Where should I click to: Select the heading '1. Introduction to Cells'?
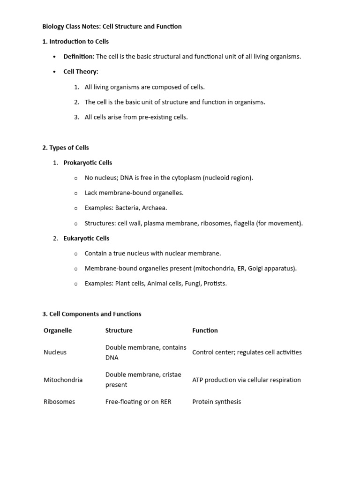coord(75,41)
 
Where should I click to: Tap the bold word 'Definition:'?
coord(79,57)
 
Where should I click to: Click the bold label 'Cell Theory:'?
coord(81,72)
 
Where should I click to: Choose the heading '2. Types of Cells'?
coord(66,148)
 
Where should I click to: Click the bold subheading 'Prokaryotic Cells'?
coord(88,163)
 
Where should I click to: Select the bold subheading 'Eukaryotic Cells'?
coord(86,238)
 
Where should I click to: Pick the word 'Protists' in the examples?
coord(215,284)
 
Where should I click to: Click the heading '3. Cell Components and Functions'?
coord(92,314)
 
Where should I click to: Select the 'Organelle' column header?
coord(58,330)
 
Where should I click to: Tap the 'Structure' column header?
coord(119,330)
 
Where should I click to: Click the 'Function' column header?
coord(205,330)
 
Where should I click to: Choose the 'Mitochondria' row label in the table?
coord(63,380)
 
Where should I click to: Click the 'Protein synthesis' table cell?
coord(217,402)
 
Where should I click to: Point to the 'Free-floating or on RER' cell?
coord(138,402)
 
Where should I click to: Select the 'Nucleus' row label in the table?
coord(55,352)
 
